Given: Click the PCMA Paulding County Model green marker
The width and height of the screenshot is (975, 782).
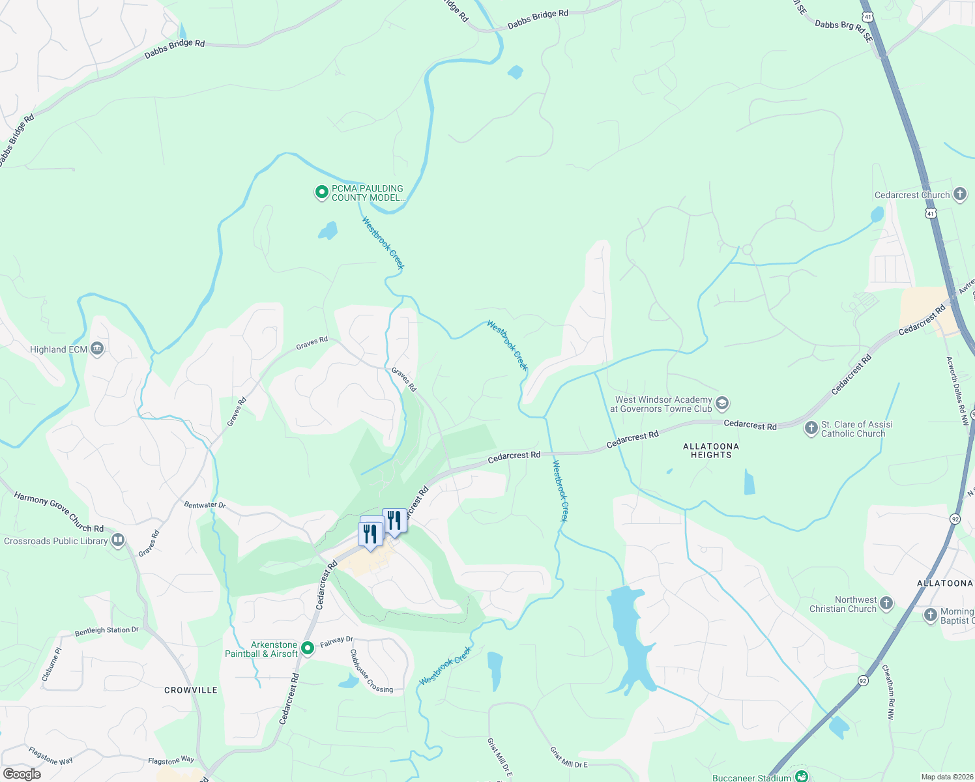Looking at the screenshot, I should (321, 192).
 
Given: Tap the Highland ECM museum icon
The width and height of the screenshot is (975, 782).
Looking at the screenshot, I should (97, 349).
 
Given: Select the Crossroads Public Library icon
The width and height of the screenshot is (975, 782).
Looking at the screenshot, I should (118, 540).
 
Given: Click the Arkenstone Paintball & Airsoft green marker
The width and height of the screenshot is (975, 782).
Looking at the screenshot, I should (308, 649).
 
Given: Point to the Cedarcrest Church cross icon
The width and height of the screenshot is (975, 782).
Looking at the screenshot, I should (959, 194).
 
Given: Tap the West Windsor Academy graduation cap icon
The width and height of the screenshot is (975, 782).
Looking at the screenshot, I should (721, 403).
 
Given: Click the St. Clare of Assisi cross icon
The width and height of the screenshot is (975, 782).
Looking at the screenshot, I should (811, 428).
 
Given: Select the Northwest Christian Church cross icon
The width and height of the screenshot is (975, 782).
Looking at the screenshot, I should (886, 603).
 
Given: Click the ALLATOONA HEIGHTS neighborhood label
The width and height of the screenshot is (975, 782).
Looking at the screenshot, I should (711, 450).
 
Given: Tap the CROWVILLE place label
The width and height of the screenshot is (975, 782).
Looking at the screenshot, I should (191, 690).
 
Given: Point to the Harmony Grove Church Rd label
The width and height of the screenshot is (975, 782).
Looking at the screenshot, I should (59, 512).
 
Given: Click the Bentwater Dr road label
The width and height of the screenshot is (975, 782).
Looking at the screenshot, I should (205, 505).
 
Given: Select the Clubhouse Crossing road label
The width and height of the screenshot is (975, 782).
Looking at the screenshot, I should (371, 671).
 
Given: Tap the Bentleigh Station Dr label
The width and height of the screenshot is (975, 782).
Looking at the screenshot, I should (107, 631).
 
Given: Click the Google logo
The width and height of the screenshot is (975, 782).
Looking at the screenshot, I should (22, 774).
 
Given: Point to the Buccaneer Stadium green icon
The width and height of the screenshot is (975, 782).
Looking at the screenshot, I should (802, 776).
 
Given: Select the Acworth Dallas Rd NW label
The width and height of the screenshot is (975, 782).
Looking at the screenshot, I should (957, 391).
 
